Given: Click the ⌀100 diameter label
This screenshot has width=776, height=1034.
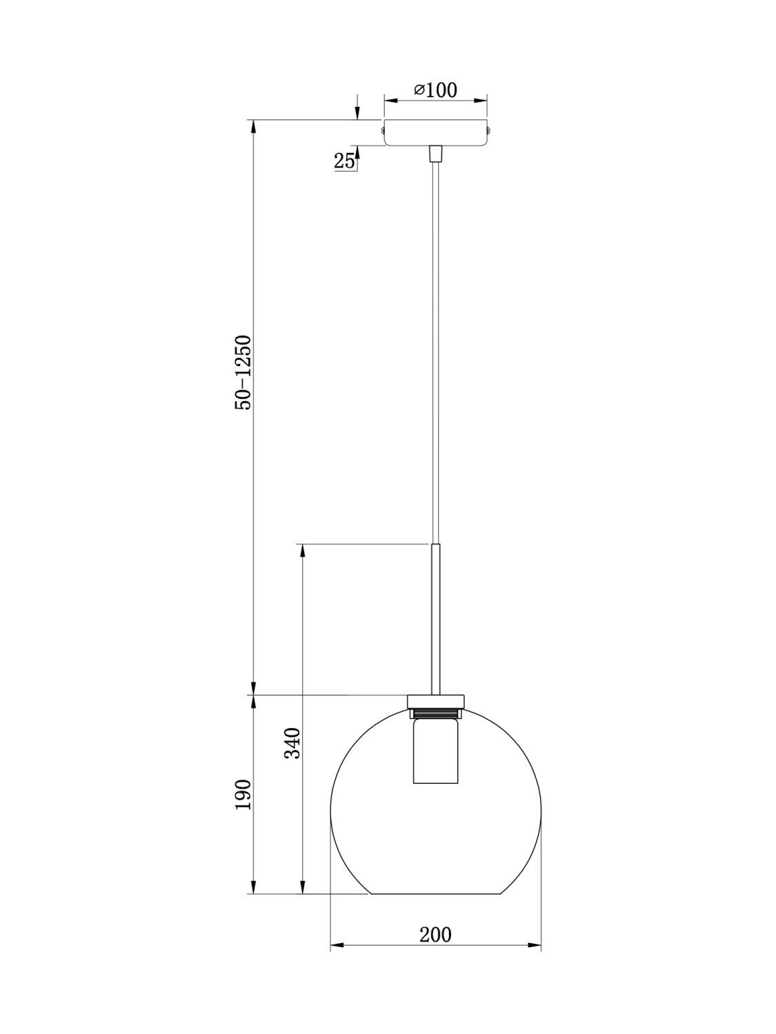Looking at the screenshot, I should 435,90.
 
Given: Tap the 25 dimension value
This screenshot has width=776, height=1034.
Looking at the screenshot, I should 344,161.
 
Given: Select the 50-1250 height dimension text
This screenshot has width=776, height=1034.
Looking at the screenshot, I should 243,373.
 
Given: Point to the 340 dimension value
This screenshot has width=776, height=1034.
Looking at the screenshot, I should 292,743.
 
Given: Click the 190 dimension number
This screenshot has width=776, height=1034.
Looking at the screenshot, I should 243,795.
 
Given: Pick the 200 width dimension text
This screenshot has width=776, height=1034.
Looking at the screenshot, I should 435,935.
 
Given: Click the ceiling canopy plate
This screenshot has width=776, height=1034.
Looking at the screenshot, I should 435,132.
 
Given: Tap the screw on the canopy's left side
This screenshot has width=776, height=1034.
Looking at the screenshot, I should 381,129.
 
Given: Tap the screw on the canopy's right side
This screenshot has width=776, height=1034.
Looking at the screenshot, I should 489,129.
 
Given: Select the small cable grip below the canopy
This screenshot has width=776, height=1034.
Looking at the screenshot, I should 435,153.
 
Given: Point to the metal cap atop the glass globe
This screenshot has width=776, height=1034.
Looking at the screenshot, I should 435,700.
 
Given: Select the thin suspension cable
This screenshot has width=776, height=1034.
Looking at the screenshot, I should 435,345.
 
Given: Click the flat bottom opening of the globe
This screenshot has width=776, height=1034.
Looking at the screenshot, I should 435,894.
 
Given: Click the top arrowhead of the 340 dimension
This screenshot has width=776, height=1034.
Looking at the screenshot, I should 301,550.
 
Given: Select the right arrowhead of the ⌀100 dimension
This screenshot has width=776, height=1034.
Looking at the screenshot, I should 483,101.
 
